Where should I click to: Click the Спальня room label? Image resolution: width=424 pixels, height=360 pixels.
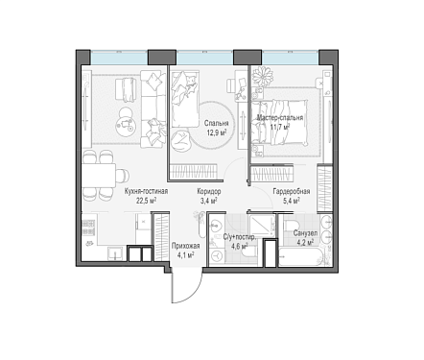click(217, 123)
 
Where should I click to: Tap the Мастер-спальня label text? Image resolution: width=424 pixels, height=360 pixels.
click(280, 118)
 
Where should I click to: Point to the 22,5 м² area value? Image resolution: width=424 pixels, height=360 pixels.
click(146, 201)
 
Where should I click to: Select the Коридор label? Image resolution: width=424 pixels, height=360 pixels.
click(209, 192)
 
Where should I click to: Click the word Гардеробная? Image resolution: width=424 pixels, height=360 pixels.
click(292, 191)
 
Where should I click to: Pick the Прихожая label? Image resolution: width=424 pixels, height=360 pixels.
click(186, 246)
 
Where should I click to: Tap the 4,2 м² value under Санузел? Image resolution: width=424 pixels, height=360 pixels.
click(305, 242)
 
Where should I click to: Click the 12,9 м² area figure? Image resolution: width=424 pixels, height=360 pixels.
click(217, 132)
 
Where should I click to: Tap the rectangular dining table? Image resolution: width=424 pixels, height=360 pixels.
click(99, 175)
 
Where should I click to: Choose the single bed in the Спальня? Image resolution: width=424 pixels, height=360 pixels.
click(185, 99)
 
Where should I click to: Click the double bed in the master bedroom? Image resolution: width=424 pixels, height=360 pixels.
click(279, 122)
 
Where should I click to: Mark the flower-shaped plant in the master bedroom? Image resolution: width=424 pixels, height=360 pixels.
click(262, 77)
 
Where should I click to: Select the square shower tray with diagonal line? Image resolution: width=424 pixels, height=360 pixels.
click(262, 226)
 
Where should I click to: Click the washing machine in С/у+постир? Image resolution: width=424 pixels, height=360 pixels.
click(217, 255)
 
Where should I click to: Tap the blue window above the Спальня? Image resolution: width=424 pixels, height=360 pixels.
click(204, 58)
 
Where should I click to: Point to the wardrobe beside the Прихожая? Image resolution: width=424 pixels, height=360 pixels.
click(160, 237)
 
